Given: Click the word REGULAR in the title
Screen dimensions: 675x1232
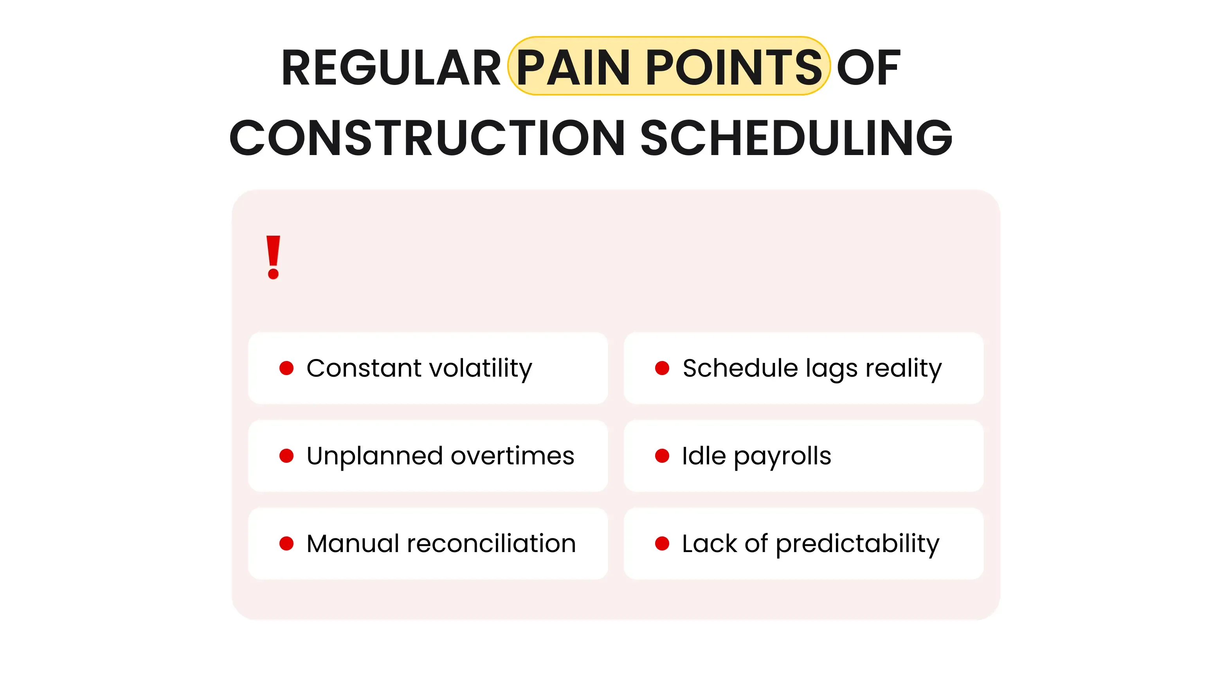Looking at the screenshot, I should [x=391, y=68].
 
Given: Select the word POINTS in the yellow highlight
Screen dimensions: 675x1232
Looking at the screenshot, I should [x=734, y=68].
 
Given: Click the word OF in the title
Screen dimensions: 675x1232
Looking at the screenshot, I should [x=868, y=68].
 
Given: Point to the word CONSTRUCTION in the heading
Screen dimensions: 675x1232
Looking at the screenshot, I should [x=427, y=138].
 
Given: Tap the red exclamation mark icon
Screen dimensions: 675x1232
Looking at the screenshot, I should [x=273, y=257].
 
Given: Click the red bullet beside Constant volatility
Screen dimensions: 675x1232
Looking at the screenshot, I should [x=286, y=368].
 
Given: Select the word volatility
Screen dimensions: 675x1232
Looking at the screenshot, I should [x=481, y=368].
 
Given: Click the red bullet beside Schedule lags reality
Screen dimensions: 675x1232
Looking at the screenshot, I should [x=662, y=368].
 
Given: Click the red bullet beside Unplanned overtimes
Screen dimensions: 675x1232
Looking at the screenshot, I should [x=286, y=455].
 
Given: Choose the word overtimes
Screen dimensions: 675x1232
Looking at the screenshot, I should [x=512, y=456].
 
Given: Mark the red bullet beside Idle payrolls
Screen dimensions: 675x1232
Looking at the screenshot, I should [x=662, y=455].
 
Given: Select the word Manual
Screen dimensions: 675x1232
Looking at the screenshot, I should [x=353, y=543].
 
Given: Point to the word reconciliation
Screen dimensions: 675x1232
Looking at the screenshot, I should [x=491, y=543].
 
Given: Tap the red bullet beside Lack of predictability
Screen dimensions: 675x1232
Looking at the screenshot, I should [x=662, y=543].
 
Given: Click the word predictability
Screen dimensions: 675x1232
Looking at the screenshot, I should [x=857, y=544].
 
